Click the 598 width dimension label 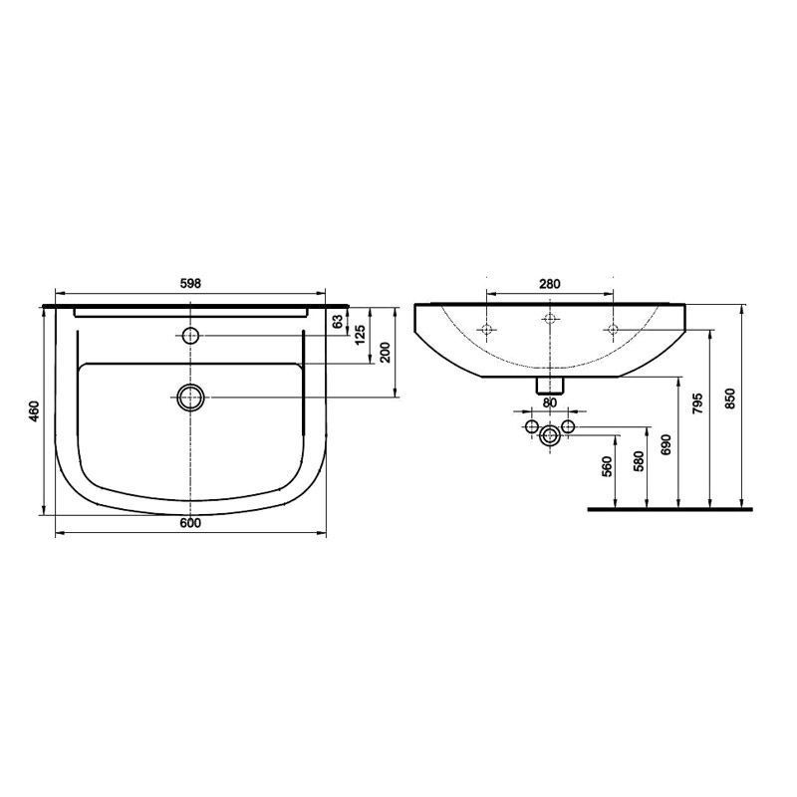click(190, 284)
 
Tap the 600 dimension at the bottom click(190, 523)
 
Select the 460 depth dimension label click(34, 411)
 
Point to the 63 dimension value click(337, 322)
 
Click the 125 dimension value click(360, 335)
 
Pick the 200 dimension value click(385, 352)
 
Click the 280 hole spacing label click(550, 284)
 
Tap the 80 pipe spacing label click(550, 402)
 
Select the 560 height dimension click(607, 466)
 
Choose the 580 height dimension click(639, 461)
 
